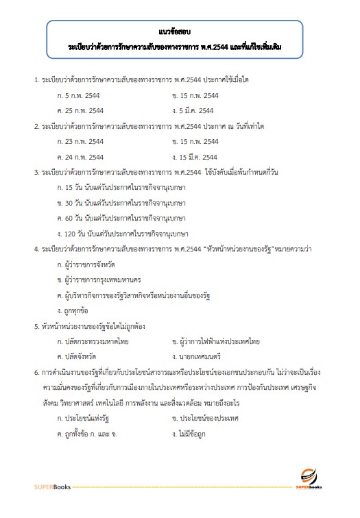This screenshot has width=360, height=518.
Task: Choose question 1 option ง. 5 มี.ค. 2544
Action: click(196, 110)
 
